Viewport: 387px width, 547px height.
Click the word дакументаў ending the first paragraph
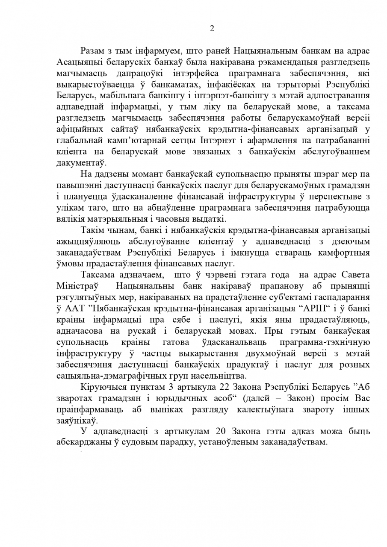point(82,163)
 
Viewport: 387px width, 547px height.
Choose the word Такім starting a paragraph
point(92,230)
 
